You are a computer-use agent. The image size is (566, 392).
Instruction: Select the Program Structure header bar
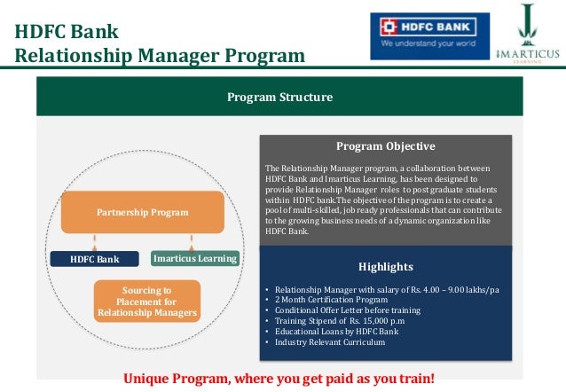point(279,97)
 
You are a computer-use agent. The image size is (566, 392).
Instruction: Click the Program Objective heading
point(385,146)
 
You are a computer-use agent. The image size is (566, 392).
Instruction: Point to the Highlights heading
point(385,266)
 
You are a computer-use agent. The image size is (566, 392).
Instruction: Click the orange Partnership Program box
point(142,213)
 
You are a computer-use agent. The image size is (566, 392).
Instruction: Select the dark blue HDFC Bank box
point(94,259)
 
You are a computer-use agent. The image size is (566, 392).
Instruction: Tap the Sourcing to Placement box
point(147,302)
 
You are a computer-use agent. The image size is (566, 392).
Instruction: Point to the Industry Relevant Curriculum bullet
point(329,342)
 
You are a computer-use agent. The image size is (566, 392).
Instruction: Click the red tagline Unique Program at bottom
point(279,379)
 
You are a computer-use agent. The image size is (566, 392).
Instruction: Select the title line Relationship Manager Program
point(160,58)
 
